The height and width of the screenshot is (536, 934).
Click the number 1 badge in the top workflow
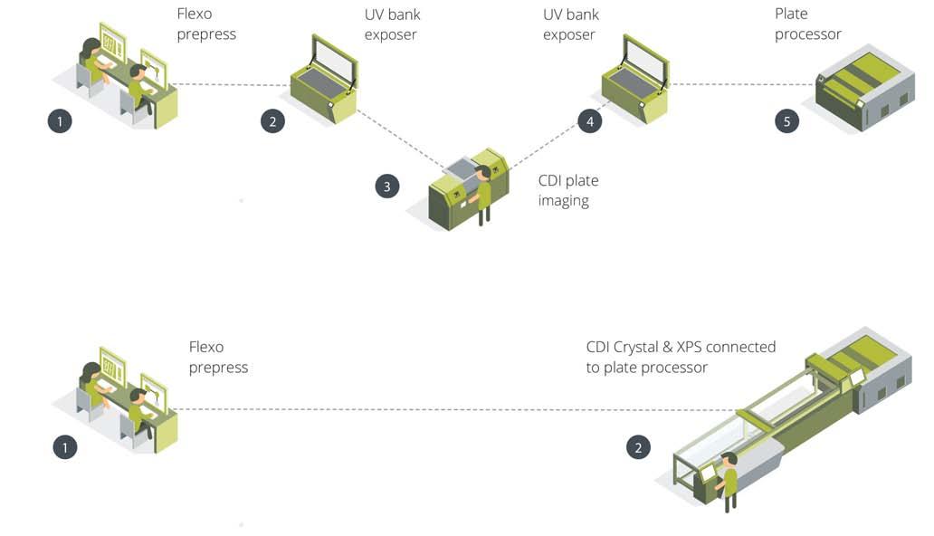pyautogui.click(x=60, y=120)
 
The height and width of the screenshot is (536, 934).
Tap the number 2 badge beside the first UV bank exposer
pyautogui.click(x=272, y=120)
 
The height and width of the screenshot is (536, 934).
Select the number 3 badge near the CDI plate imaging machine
pyautogui.click(x=387, y=187)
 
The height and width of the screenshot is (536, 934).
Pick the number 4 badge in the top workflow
pyautogui.click(x=590, y=120)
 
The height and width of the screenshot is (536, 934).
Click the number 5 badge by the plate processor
pyautogui.click(x=787, y=120)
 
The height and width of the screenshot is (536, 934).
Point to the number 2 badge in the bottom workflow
pyautogui.click(x=638, y=446)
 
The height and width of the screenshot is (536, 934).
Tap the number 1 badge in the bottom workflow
pyautogui.click(x=65, y=446)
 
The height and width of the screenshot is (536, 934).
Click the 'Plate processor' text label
pyautogui.click(x=807, y=24)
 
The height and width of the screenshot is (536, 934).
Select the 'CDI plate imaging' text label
pyautogui.click(x=568, y=190)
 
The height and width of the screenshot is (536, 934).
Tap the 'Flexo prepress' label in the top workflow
pyautogui.click(x=206, y=24)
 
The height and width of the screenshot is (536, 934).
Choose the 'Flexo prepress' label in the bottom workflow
pyautogui.click(x=218, y=357)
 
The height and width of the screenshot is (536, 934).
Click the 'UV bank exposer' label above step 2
pyautogui.click(x=391, y=24)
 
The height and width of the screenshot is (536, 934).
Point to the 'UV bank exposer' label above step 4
pyautogui.click(x=571, y=24)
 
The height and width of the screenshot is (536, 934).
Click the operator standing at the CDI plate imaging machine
pyautogui.click(x=485, y=191)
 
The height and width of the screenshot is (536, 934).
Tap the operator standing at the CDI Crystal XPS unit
pyautogui.click(x=729, y=479)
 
